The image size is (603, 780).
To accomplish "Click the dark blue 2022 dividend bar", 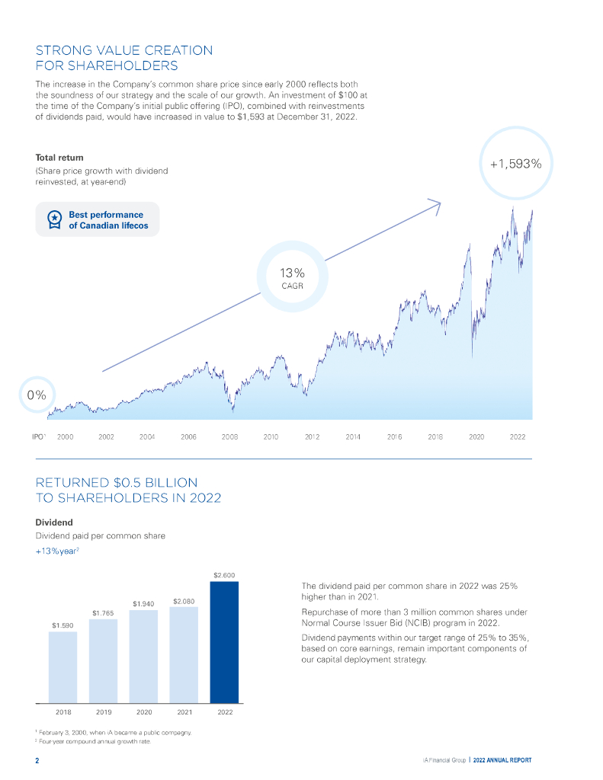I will point(224,641).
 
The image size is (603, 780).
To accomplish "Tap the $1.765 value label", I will point(103,612).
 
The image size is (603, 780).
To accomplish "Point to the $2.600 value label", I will point(224,575).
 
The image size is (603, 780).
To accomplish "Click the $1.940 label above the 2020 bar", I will point(143,603).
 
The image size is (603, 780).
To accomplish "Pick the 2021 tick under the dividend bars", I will point(184,712).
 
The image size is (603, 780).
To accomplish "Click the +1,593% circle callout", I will point(515,163).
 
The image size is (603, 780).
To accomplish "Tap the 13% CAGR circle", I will point(293,278).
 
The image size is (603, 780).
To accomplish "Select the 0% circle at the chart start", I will point(37,395).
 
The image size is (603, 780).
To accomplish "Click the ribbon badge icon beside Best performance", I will point(55,220).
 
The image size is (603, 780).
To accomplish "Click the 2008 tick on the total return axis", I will point(229,437).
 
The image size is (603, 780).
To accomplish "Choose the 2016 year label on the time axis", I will point(394,437).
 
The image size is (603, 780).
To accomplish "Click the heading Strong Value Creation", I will point(124,58).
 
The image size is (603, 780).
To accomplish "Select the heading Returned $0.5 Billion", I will point(129,490).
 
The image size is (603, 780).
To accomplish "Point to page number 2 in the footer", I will point(37,760).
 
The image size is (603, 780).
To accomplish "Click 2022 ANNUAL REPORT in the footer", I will point(502,760).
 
